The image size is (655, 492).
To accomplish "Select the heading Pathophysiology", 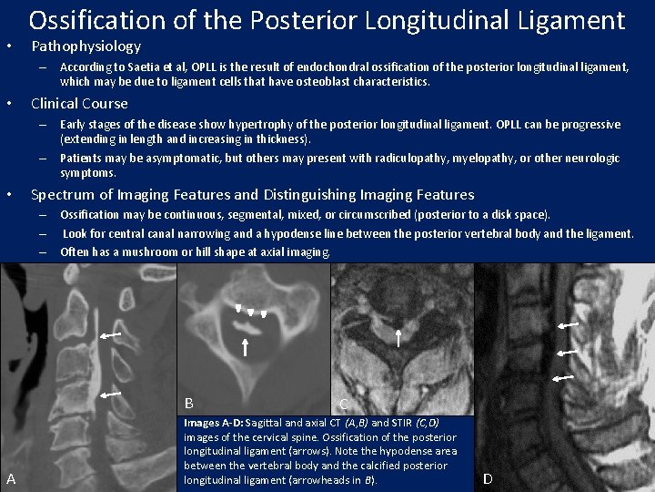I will click(x=86, y=46).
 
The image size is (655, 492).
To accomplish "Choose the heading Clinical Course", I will click(x=79, y=104).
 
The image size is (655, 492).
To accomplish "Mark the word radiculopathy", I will click(x=424, y=159).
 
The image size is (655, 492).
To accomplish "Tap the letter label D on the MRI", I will click(x=488, y=478).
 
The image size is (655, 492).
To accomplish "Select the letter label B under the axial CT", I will click(x=189, y=403).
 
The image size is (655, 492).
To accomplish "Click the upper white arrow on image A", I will click(x=113, y=336).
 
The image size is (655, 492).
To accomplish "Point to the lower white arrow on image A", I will click(x=112, y=394).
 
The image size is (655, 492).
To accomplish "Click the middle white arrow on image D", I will click(x=567, y=351).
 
